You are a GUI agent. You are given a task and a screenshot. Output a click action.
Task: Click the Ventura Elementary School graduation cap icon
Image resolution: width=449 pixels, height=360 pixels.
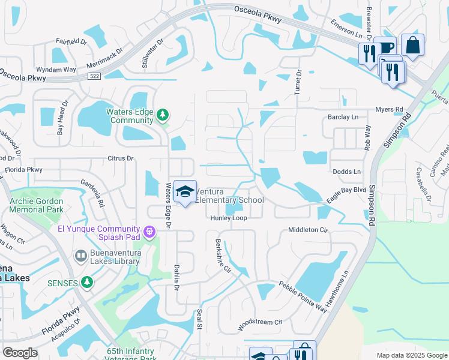pyautogui.click(x=185, y=192)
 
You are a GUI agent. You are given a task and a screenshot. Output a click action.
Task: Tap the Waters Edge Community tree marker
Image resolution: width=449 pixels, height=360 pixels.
pyautogui.click(x=161, y=115)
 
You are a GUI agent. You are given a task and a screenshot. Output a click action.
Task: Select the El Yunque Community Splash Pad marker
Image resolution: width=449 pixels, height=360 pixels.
pyautogui.click(x=149, y=230)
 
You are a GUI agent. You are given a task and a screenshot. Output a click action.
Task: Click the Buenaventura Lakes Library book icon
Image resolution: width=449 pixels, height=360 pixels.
pyautogui.click(x=80, y=256)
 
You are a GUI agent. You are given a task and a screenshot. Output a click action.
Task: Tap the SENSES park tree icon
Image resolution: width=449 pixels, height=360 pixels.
pyautogui.click(x=88, y=281)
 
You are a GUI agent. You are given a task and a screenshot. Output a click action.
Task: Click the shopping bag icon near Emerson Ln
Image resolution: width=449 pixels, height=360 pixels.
pyautogui.click(x=412, y=44)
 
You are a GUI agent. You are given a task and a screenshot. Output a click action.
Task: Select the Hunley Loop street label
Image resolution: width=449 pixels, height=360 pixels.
pyautogui.click(x=228, y=218)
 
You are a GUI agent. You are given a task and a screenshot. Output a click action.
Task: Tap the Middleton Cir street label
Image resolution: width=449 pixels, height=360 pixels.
pyautogui.click(x=309, y=230)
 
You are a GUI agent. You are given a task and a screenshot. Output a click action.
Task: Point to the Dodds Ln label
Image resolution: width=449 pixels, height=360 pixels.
pyautogui.click(x=346, y=172)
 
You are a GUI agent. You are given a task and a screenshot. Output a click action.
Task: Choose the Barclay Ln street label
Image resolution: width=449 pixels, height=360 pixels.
pyautogui.click(x=342, y=117)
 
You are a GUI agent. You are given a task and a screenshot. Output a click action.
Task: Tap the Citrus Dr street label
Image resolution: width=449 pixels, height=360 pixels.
pyautogui.click(x=119, y=158)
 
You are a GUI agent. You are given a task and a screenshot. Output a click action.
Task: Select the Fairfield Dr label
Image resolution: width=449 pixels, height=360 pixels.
pyautogui.click(x=71, y=42)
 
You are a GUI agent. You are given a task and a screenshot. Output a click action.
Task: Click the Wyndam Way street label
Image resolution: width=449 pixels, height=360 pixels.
pyautogui.click(x=56, y=70)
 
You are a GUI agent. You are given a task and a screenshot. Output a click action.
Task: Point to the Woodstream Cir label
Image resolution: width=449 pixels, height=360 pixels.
pyautogui.click(x=260, y=322)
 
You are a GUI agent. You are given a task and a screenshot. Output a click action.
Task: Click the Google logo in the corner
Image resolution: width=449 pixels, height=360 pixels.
pyautogui.click(x=20, y=353)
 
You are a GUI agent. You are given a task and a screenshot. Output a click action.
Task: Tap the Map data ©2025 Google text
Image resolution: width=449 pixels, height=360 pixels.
pyautogui.click(x=411, y=355)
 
